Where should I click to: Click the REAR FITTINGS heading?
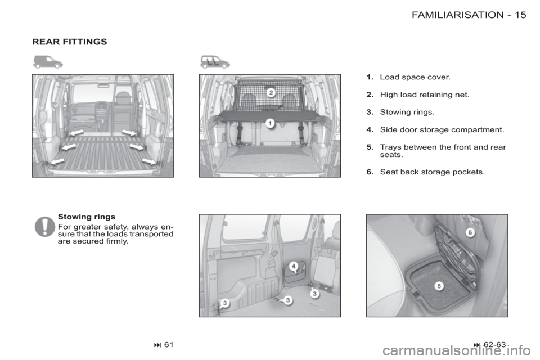point(70,42)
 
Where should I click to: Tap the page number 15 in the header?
point(521,15)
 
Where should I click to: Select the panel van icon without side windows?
point(48,62)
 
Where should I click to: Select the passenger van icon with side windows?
point(215,62)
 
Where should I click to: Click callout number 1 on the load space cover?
point(271,123)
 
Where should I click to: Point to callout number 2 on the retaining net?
point(271,92)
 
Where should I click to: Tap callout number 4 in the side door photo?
point(294,266)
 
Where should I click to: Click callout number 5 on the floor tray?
point(439,286)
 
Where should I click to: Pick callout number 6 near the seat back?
point(470,232)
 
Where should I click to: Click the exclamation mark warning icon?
point(45,227)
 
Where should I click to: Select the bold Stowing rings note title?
point(87,217)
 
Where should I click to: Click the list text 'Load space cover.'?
point(415,77)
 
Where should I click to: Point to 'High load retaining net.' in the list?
point(425,94)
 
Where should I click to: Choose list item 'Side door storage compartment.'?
point(442,130)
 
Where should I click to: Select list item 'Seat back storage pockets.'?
point(432,172)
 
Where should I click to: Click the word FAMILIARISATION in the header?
point(458,15)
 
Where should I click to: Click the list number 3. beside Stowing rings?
point(370,112)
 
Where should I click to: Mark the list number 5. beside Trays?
point(370,147)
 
